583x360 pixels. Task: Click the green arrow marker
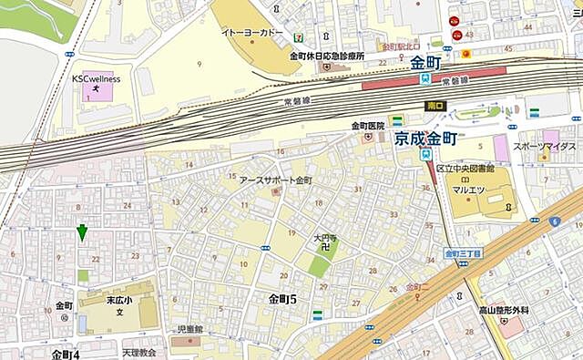pos(82,233)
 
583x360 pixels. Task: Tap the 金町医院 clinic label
pos(369,126)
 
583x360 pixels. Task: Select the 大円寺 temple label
pos(325,239)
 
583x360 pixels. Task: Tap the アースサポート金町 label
pos(275,180)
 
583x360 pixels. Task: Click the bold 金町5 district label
pos(283,298)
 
